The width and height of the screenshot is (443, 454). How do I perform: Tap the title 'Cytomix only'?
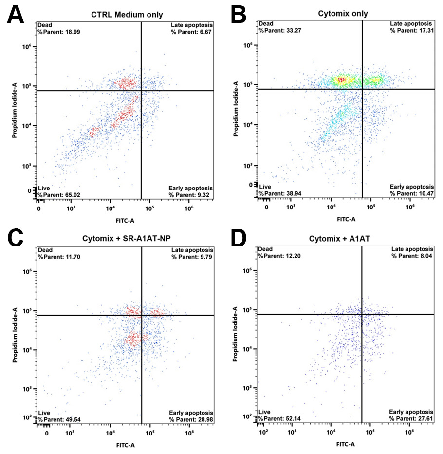[x=345, y=14]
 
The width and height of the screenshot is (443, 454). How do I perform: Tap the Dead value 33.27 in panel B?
[x=293, y=30]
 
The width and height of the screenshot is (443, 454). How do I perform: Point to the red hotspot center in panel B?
[x=342, y=79]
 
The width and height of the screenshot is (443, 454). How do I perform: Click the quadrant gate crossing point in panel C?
[x=142, y=315]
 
